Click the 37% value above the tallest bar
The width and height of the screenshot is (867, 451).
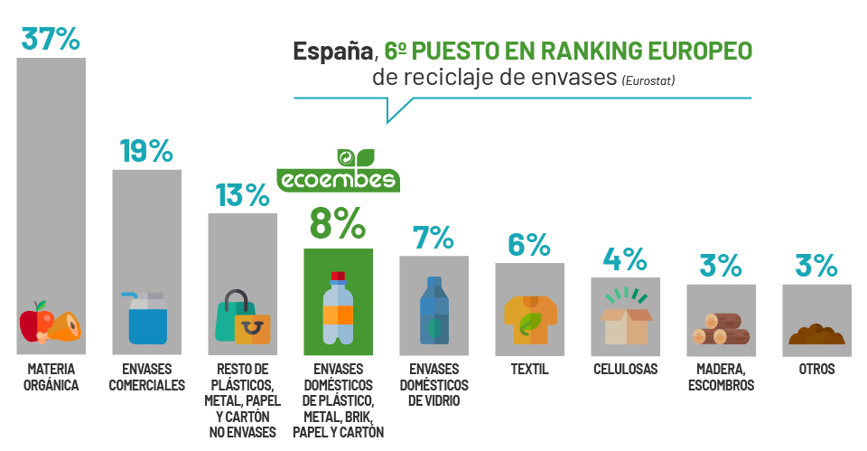tap(51, 39)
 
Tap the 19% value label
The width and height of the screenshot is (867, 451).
tap(145, 151)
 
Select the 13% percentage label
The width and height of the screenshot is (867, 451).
tap(242, 194)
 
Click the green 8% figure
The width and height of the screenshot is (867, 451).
tap(338, 223)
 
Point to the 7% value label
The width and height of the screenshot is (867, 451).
tap(433, 238)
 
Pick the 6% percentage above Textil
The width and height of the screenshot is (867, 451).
tap(529, 245)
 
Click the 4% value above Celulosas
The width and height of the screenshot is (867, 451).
tap(625, 259)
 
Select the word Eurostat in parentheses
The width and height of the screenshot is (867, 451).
tap(648, 81)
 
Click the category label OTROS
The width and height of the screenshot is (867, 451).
tap(816, 370)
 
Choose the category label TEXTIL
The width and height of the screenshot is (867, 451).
tap(529, 370)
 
